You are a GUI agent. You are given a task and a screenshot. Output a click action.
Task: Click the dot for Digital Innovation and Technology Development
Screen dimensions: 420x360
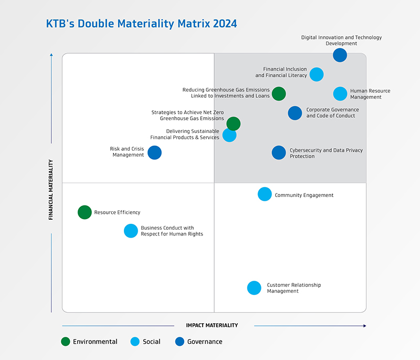(340, 55)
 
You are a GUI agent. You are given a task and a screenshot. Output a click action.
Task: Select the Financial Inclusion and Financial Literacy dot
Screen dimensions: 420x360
(317, 74)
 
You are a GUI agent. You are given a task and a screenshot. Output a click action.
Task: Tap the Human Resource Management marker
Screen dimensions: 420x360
(340, 94)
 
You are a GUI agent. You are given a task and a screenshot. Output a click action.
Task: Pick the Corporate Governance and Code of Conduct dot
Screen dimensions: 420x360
(295, 113)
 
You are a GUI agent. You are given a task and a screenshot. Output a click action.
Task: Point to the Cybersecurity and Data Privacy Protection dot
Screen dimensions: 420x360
(279, 152)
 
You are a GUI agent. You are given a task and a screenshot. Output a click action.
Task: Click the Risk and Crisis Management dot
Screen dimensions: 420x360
(154, 152)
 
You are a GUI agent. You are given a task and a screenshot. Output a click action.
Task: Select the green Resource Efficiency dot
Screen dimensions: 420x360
(85, 212)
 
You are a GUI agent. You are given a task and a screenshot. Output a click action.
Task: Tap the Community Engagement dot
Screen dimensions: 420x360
(265, 194)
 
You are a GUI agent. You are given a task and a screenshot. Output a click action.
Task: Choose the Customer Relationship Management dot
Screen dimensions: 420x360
(254, 288)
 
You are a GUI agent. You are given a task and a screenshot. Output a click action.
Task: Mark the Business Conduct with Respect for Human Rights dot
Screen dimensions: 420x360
(131, 231)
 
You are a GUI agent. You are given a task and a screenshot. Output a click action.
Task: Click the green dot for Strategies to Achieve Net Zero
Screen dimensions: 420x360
(234, 124)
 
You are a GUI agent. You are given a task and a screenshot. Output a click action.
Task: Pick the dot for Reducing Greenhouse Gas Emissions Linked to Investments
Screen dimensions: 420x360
(279, 94)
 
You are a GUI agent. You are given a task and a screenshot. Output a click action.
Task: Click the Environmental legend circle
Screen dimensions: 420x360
(66, 342)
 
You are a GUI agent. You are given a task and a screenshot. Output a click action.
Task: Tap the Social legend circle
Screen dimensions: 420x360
(135, 342)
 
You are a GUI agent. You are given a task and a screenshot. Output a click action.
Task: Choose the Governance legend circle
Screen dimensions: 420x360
(180, 342)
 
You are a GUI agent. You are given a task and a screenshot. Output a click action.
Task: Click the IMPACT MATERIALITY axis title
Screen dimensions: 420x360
(212, 325)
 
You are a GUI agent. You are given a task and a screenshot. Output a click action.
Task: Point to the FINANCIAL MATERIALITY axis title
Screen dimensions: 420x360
(50, 190)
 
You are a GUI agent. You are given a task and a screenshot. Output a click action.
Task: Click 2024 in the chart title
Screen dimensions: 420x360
(225, 24)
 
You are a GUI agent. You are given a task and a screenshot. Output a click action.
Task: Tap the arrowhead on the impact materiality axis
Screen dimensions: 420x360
(364, 326)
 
